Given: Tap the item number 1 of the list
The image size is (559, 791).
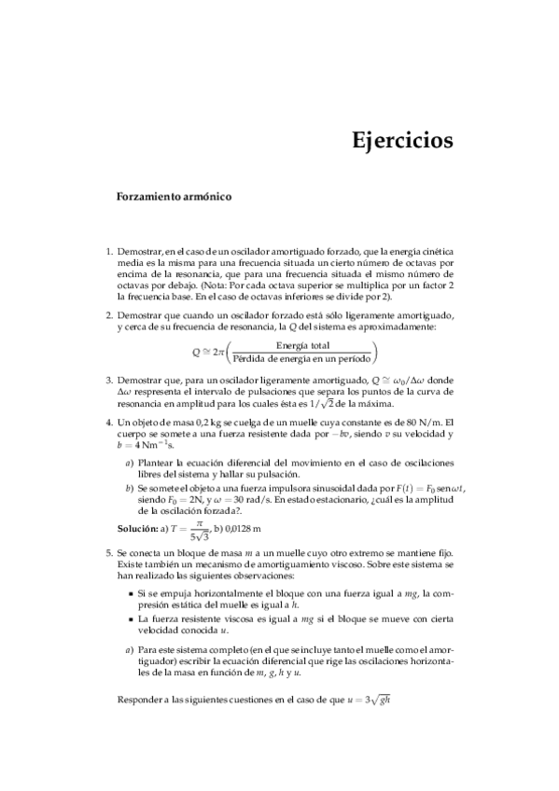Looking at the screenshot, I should (x=108, y=251).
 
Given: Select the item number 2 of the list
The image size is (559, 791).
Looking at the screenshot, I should (x=108, y=316).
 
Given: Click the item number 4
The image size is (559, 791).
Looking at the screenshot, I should (x=108, y=423).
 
